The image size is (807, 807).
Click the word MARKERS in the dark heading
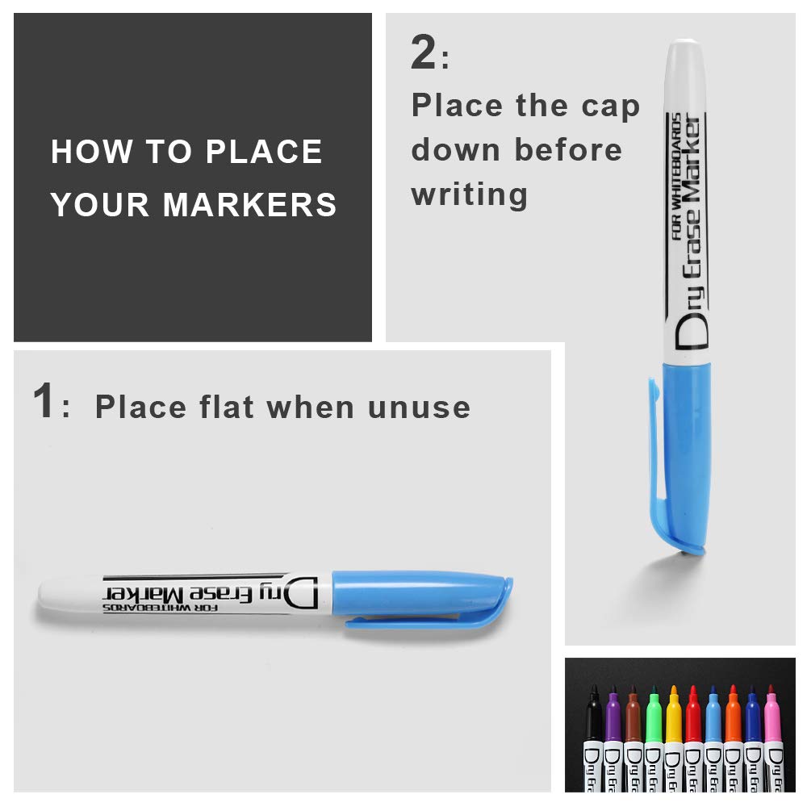coord(249,205)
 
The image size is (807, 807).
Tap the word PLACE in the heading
coord(264,152)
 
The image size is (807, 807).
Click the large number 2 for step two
coord(423,54)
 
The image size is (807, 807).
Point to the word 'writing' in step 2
coord(469,194)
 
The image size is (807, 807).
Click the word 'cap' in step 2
coord(611,106)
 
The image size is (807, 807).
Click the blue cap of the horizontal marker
coord(420,593)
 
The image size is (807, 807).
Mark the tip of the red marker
coord(693,690)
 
